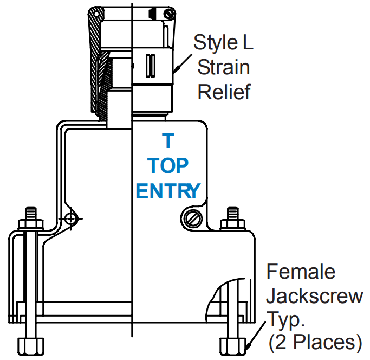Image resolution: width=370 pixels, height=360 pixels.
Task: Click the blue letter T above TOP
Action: tap(168, 141)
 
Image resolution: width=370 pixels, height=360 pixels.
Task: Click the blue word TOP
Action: tap(168, 165)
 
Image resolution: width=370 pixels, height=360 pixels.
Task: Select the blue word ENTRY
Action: tap(168, 190)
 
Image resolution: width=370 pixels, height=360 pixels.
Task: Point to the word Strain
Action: tap(223, 67)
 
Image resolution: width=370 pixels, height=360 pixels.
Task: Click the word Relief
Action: tap(224, 92)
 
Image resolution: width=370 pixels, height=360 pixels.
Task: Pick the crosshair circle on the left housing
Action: tap(70, 218)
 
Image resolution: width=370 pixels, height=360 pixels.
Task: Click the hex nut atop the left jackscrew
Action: tap(30, 223)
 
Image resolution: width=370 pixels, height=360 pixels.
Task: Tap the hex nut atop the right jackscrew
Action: tap(233, 223)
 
